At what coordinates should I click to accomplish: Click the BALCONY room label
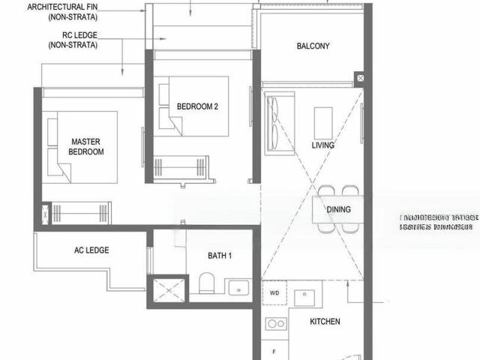pos(313,46)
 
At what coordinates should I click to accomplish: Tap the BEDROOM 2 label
pos(197,106)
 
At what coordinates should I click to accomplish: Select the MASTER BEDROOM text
pos(86,146)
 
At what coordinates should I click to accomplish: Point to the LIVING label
pos(323,145)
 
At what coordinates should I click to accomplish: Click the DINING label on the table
pos(338,209)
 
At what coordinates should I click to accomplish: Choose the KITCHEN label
pos(325,322)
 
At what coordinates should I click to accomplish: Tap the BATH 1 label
pos(220,256)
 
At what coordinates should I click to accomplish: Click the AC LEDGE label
pos(92,250)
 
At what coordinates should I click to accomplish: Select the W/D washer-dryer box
pos(274,292)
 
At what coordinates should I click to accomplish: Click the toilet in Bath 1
pos(208,284)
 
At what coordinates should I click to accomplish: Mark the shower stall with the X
pos(168,289)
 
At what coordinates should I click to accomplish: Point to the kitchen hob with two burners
pos(276,324)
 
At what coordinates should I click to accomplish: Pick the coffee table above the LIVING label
pos(323,118)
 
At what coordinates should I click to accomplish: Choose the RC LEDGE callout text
pos(73,40)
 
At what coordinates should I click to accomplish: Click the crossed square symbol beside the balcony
pos(360,78)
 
